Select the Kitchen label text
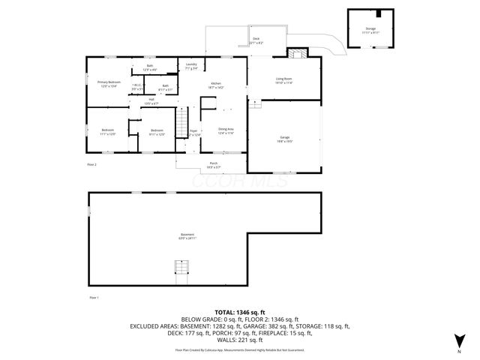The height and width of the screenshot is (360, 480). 216,85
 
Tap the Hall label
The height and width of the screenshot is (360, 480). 151,101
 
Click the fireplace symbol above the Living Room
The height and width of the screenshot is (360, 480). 297,53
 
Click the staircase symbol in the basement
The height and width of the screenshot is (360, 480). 181,268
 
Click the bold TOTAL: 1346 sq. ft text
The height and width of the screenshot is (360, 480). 240,312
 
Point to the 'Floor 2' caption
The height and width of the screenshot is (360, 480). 92,163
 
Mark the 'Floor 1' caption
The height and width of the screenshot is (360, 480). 94,298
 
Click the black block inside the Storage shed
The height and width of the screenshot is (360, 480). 379,13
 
